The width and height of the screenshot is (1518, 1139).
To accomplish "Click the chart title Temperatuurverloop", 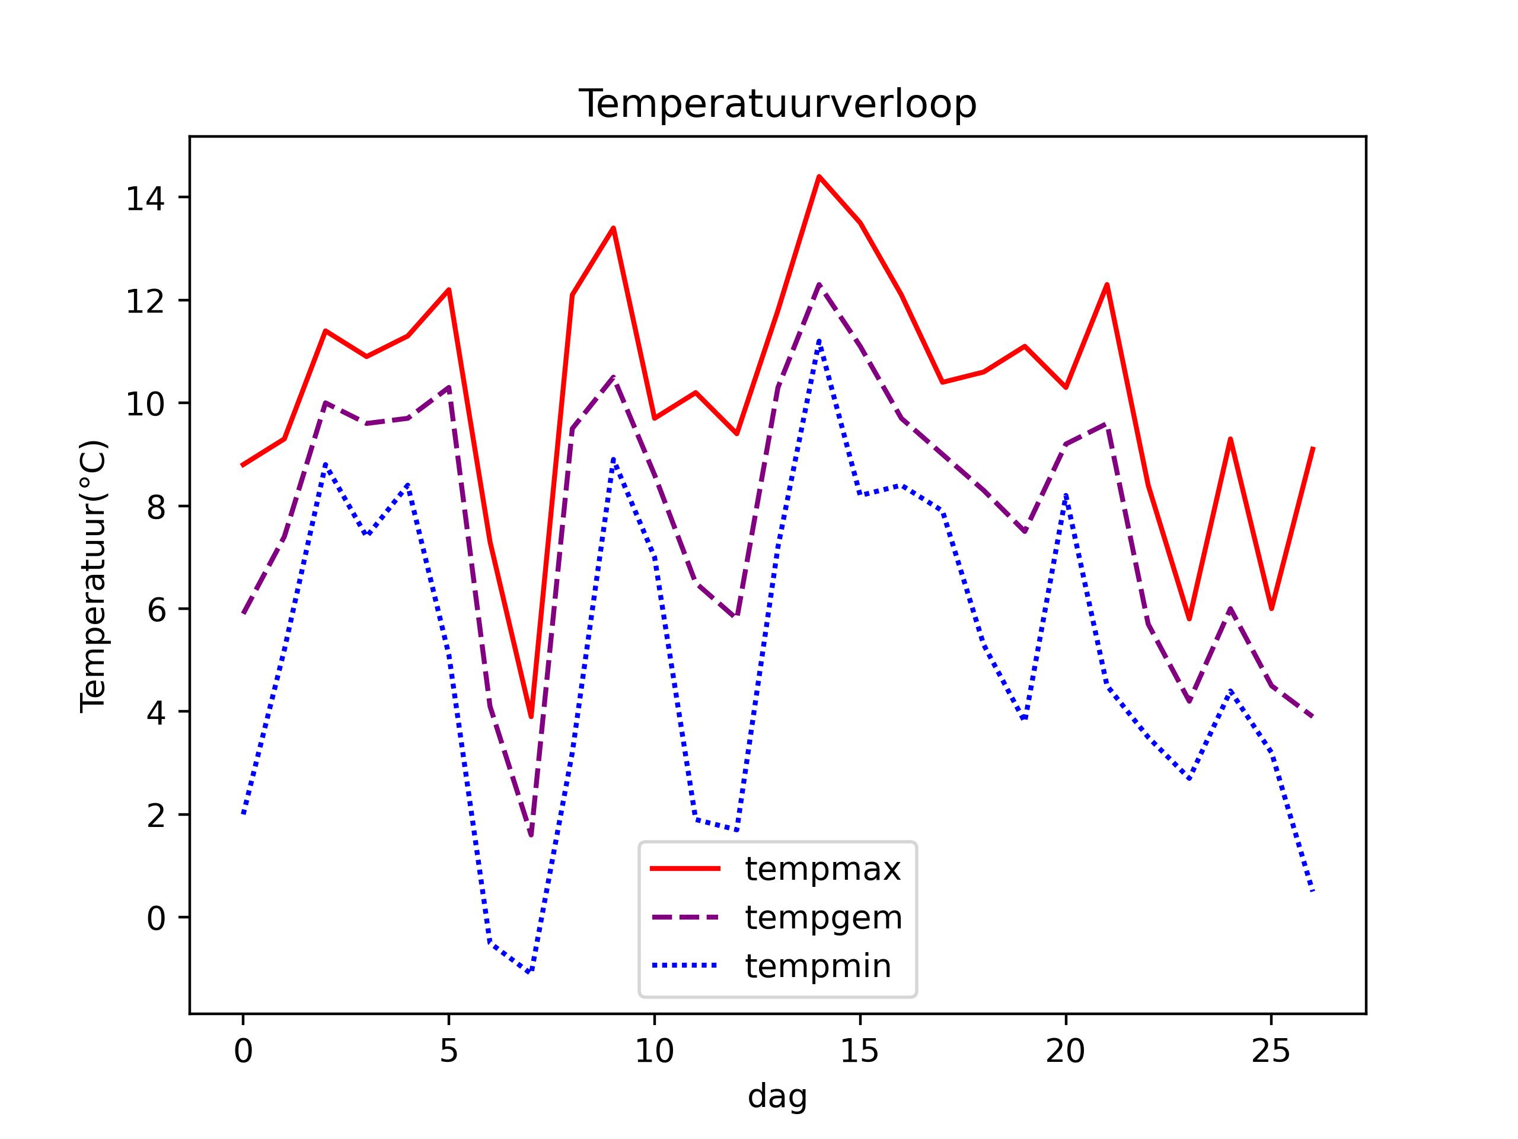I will point(777,104).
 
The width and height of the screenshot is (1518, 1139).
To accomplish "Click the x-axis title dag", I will point(777,1096).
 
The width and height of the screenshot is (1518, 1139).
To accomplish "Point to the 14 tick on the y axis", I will point(145,198).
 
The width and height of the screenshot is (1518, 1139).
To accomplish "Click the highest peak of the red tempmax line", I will point(819,176).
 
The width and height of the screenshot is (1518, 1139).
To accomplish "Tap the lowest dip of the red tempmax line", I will point(531,717).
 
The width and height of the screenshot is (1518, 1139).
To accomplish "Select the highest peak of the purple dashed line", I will point(819,284).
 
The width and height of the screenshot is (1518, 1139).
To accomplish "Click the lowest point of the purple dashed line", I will point(531,835).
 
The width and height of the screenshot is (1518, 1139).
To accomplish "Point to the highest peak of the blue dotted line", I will point(819,341).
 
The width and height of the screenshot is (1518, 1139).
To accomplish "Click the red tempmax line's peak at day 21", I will point(1107,284).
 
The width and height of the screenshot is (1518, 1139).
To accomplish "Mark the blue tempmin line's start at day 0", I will point(243,815).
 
